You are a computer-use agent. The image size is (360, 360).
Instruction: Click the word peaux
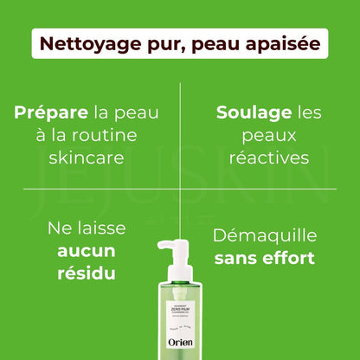[261, 136]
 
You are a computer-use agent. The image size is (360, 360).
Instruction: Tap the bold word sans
[233, 258]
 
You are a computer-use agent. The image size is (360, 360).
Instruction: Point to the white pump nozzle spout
[162, 246]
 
